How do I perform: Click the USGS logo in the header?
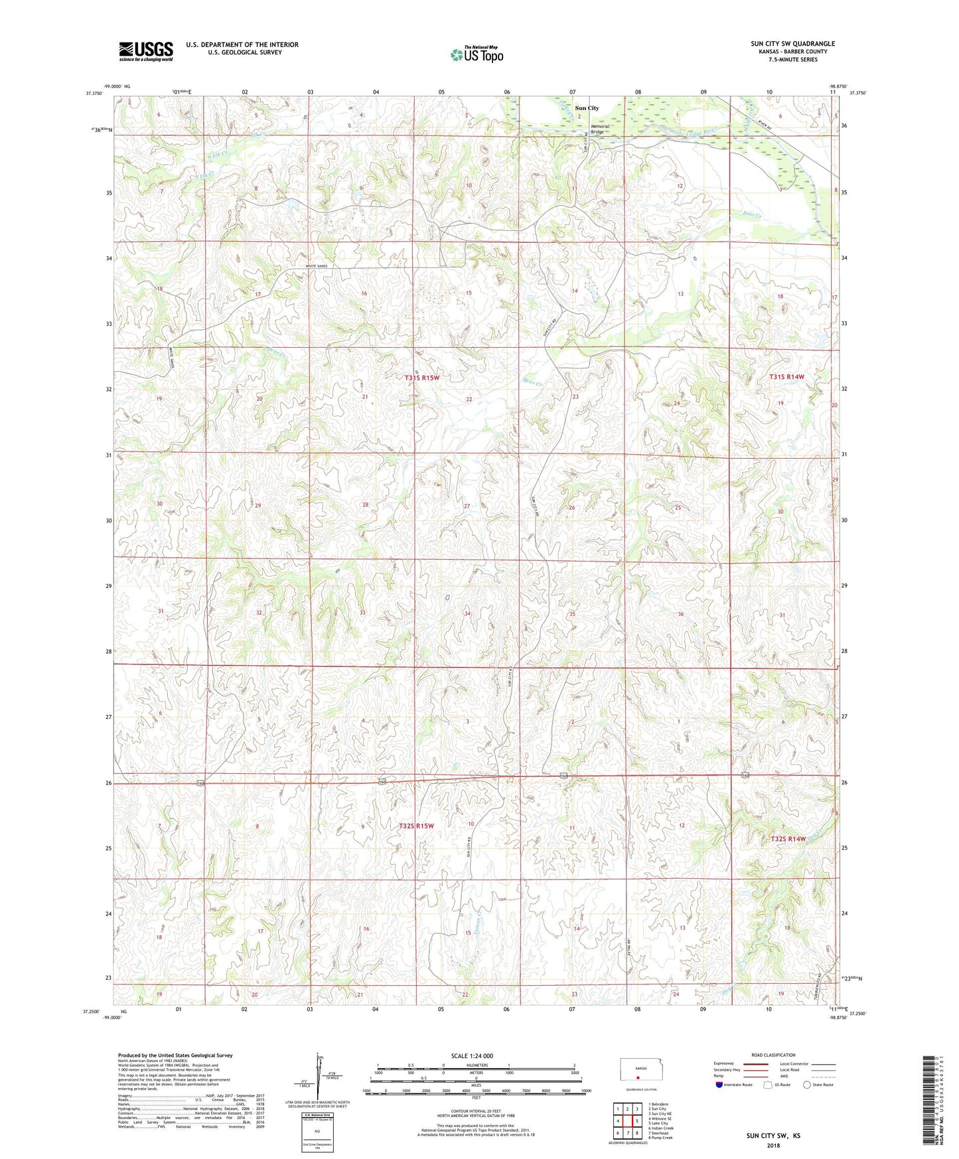(x=146, y=50)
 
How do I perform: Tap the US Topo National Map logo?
(x=476, y=54)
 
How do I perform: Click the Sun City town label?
(x=587, y=108)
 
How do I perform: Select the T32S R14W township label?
(x=788, y=839)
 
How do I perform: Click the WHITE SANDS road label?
(x=317, y=266)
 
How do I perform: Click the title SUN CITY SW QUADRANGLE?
(x=792, y=44)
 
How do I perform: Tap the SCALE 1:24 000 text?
(x=472, y=1055)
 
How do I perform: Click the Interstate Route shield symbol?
(x=719, y=1085)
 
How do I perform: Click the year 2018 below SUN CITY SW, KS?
(x=773, y=1144)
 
